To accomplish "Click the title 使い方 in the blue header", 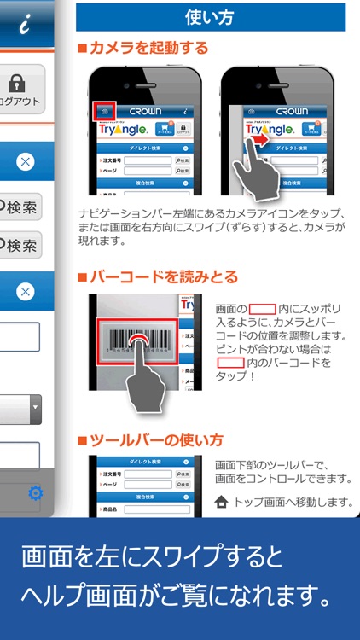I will (x=210, y=16).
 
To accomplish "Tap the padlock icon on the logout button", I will (x=15, y=84).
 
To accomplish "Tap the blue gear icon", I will (x=36, y=492).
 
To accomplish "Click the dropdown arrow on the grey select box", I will (x=36, y=408).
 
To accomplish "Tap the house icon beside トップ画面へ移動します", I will (x=223, y=503).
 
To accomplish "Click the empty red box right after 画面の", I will (x=262, y=307).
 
